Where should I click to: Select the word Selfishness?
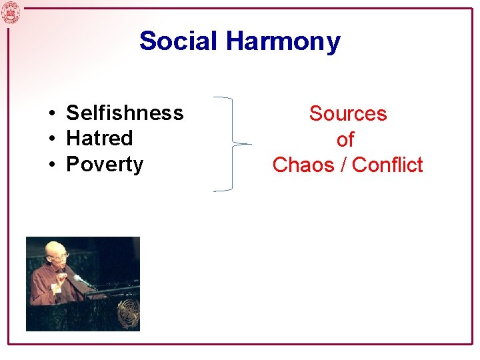pos(125,113)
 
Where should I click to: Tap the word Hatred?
pos(99,139)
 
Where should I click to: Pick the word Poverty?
pos(105,165)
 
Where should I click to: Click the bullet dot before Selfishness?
pos(51,114)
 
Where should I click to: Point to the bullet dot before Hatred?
pos(51,139)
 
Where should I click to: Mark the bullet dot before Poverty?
pos(51,165)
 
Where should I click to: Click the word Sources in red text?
pos(347,114)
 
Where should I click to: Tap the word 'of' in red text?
pos(345,140)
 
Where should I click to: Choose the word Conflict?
pos(387,165)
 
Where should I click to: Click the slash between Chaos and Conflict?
pos(343,165)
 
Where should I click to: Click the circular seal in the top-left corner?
pos(11,11)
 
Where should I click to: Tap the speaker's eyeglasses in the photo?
pos(61,255)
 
